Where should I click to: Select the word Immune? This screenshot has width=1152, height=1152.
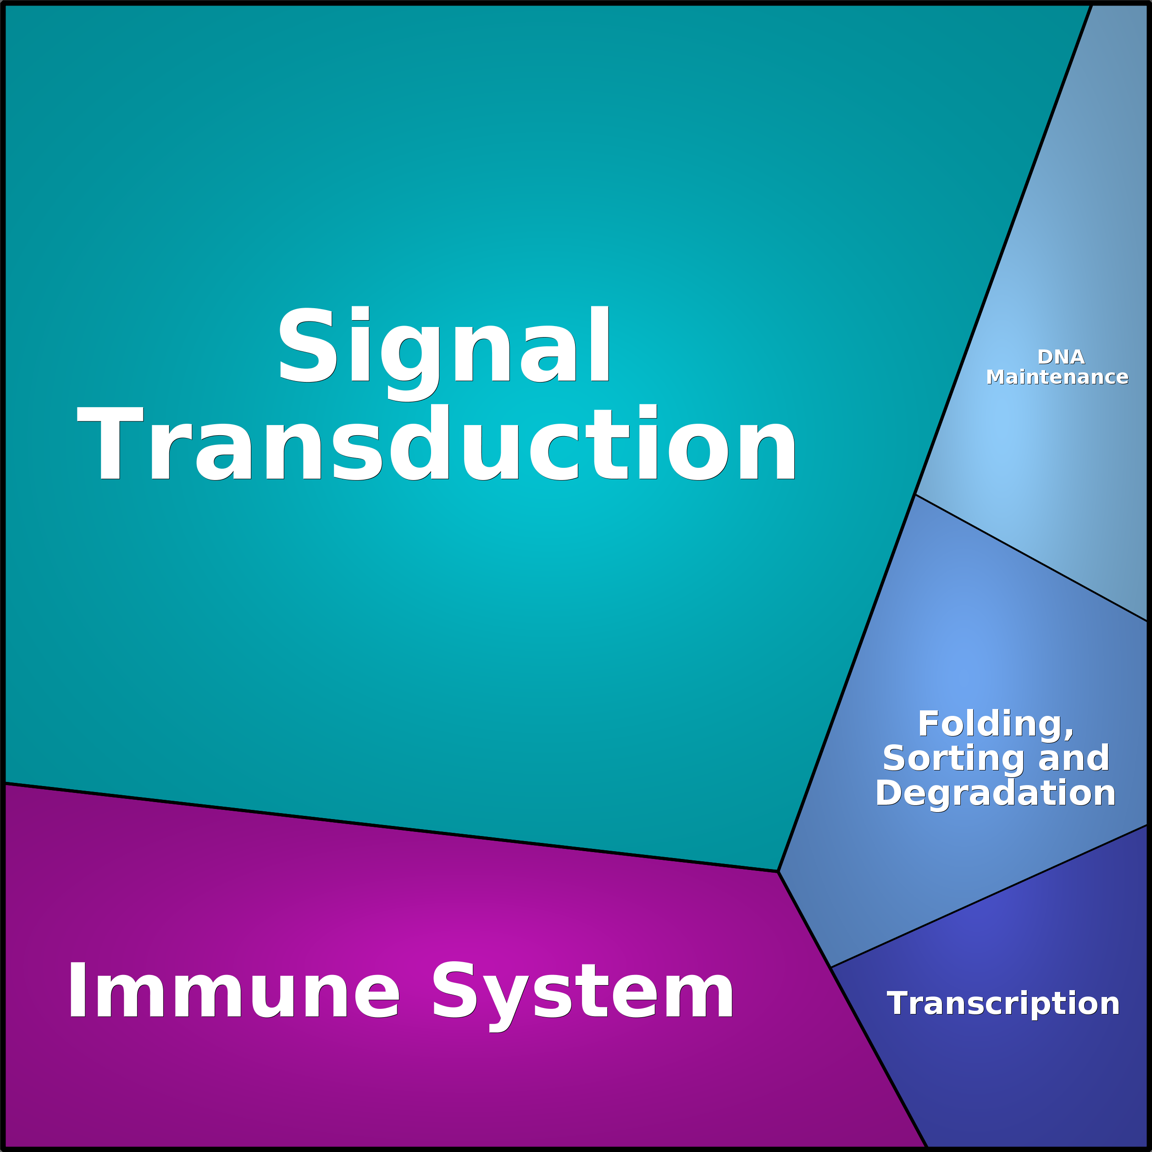233,991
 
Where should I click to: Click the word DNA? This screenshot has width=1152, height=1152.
1061,357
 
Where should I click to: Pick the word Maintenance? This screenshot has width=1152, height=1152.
1057,377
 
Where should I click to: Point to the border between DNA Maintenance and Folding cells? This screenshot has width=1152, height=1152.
1031,558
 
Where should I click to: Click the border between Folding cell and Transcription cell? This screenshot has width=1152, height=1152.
989,896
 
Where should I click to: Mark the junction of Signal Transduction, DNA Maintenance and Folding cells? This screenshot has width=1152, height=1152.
915,494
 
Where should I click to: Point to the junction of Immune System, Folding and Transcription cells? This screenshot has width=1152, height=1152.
831,967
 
